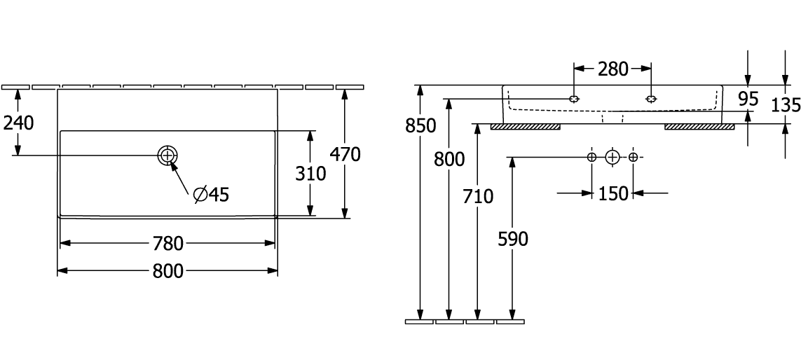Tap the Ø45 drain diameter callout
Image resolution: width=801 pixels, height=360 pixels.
pos(211,195)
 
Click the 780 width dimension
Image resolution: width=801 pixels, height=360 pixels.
pos(168,244)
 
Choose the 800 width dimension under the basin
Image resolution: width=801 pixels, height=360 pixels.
pos(168,271)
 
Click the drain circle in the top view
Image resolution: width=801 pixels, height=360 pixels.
pos(168,155)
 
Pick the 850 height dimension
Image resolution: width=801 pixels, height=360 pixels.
pos(420,126)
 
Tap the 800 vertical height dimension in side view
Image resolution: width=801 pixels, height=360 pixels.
pos(449,160)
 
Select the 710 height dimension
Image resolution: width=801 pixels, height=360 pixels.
pos(478,196)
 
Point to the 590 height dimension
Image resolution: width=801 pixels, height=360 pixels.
pos(513,239)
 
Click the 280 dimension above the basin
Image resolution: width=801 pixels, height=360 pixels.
pos(612,69)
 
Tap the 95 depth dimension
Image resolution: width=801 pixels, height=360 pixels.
pos(748,99)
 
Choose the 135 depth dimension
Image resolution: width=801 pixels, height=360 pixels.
pos(785,105)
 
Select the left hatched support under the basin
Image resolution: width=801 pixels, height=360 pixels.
pos(525,127)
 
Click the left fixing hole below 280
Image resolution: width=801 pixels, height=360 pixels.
pos(575,99)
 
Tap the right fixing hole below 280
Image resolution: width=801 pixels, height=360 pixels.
pos(651,99)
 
